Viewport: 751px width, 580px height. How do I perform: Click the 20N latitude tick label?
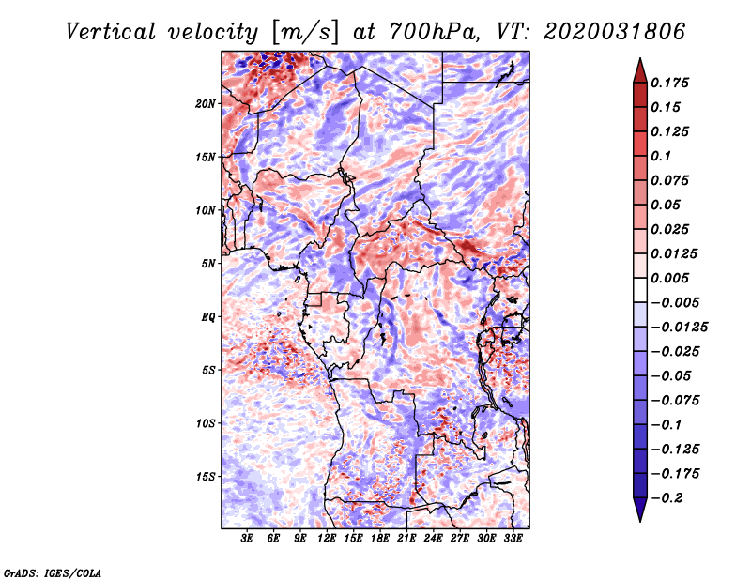206,104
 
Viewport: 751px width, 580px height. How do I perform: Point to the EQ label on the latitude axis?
207,317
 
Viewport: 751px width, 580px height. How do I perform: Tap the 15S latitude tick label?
206,477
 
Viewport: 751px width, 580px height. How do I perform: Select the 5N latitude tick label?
208,264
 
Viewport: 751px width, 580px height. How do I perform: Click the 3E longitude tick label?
247,538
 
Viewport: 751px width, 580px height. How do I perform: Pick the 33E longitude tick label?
513,538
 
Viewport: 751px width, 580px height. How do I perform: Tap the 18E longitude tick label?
380,538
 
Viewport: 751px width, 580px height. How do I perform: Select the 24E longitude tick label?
433,538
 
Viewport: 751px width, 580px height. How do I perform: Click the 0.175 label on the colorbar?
669,83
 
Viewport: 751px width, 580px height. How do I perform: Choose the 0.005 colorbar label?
669,278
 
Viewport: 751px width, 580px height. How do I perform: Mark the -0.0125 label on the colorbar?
679,328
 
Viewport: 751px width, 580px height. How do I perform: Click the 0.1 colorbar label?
661,156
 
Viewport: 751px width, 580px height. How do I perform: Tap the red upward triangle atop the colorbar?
640,71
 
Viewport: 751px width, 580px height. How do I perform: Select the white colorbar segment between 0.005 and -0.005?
640,290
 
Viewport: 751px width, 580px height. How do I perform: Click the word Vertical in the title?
110,32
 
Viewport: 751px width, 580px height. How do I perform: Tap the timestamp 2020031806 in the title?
615,32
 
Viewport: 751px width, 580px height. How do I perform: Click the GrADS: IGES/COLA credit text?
53,573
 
